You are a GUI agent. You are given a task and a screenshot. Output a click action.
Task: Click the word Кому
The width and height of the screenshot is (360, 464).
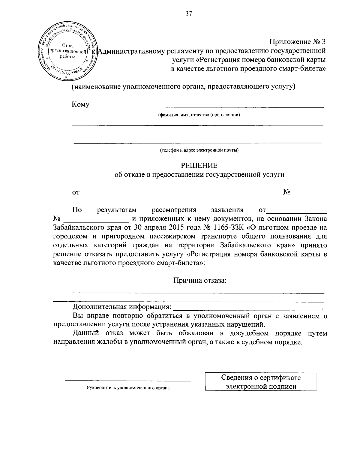pos(80,104)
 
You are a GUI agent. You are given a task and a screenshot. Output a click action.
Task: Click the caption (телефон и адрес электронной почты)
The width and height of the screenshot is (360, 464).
pos(199,150)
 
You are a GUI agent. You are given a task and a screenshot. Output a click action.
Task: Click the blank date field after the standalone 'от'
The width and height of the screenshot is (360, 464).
pos(103,194)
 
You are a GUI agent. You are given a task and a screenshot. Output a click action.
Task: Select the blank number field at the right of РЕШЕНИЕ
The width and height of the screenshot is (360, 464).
pos(308,194)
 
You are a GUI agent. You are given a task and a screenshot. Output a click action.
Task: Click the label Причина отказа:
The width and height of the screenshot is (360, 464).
pos(199,281)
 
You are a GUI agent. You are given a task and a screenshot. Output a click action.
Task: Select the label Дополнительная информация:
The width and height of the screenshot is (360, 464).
pos(122,307)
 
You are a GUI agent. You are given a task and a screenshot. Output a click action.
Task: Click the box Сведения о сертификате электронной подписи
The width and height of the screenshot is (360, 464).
pos(261,382)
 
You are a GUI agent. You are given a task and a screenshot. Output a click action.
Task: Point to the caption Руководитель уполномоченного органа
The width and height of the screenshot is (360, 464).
pos(128,388)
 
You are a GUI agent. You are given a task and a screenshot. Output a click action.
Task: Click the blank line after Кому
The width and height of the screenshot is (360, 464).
pos(207,106)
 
